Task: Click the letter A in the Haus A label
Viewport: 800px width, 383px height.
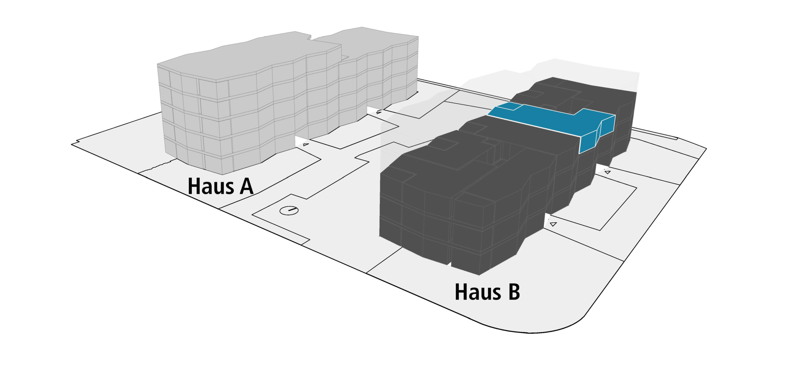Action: pos(246,187)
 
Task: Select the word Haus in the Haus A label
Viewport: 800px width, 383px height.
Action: pos(211,187)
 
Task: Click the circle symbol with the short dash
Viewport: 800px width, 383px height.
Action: pos(289,210)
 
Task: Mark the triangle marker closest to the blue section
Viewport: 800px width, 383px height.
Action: pos(607,172)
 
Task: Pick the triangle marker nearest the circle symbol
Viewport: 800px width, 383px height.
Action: pos(306,145)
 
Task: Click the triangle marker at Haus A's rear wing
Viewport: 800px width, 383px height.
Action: pos(379,112)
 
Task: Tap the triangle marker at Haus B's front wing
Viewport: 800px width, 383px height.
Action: pos(553,224)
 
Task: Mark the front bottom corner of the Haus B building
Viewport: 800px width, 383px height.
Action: pos(479,275)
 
